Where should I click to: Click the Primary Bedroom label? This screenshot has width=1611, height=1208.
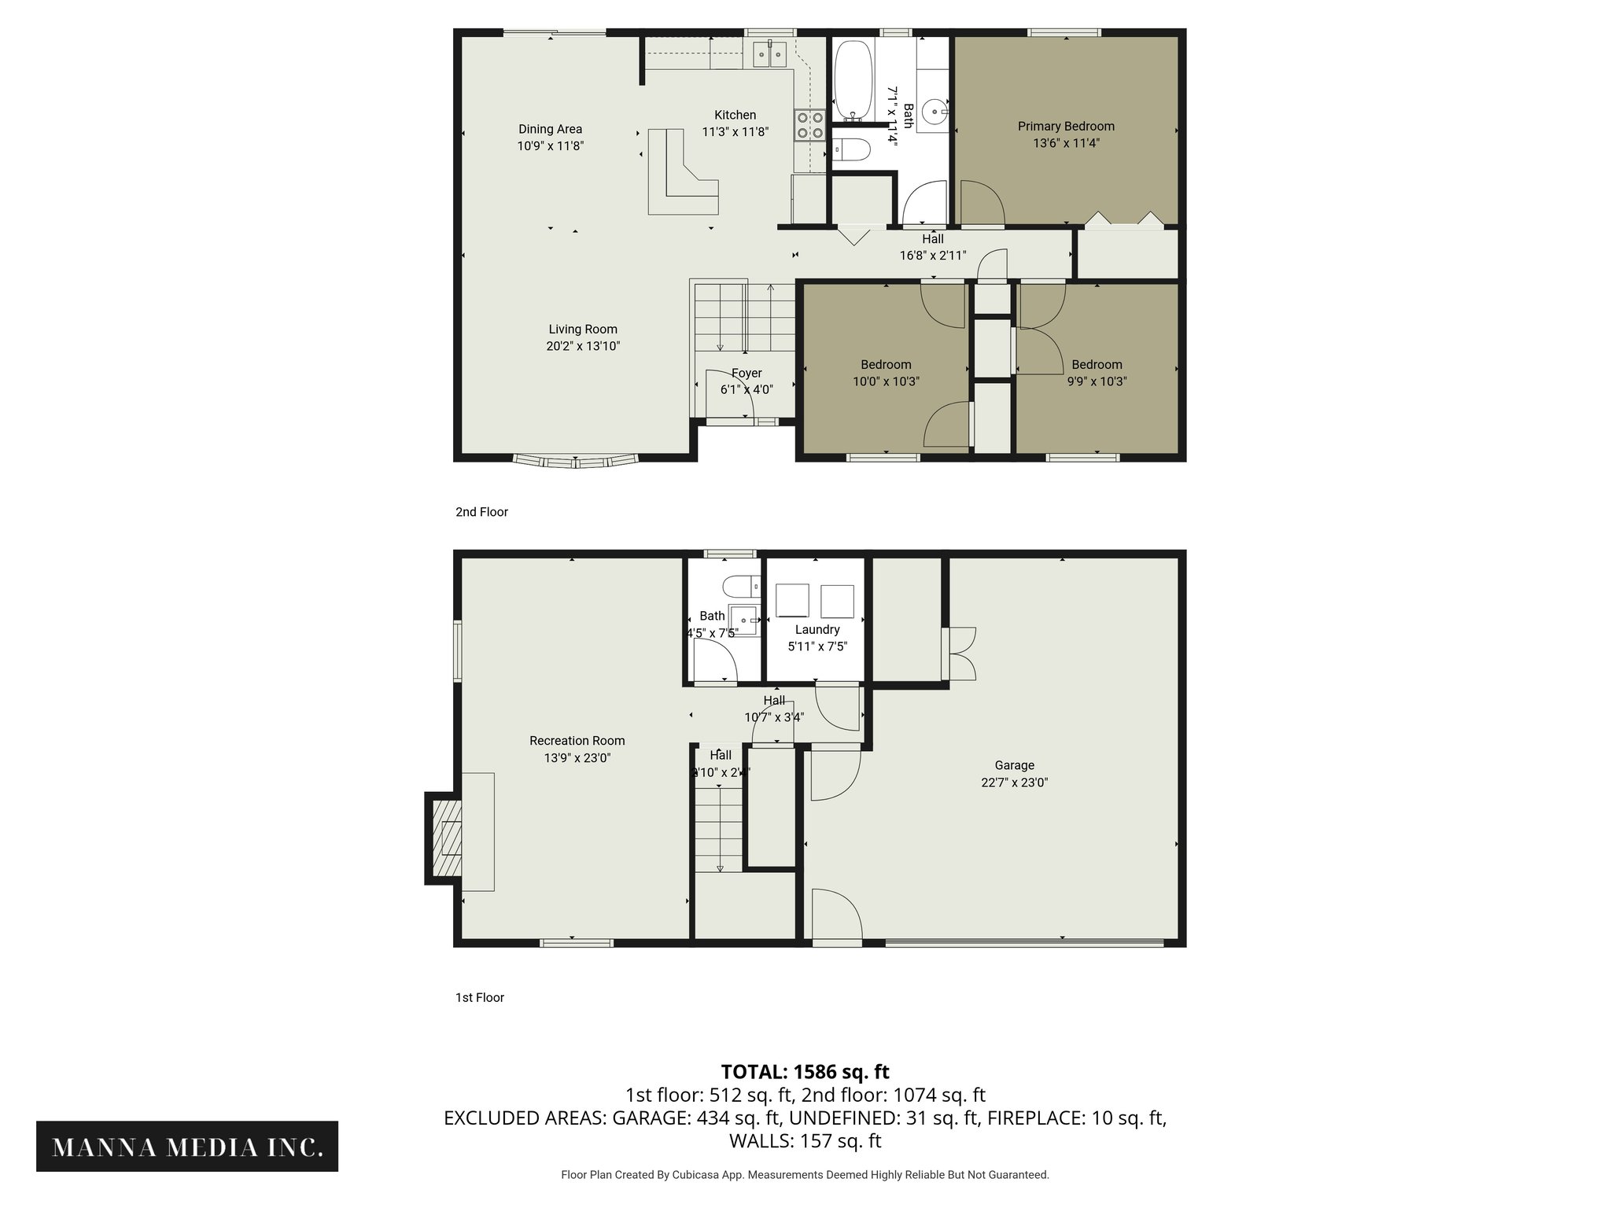pyautogui.click(x=1066, y=126)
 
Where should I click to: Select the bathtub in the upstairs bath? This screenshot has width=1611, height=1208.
pyautogui.click(x=853, y=79)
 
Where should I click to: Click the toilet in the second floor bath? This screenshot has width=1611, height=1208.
pyautogui.click(x=850, y=149)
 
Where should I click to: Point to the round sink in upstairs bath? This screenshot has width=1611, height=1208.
pyautogui.click(x=935, y=112)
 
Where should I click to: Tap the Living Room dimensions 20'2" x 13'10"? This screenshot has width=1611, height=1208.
pyautogui.click(x=583, y=346)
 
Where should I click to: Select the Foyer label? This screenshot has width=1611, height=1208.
pyautogui.click(x=747, y=373)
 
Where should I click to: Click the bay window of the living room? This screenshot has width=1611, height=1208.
pyautogui.click(x=575, y=460)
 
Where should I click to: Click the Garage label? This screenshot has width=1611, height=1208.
pyautogui.click(x=1014, y=764)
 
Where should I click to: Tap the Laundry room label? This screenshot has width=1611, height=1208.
pyautogui.click(x=817, y=629)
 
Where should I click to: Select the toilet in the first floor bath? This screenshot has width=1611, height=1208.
pyautogui.click(x=739, y=586)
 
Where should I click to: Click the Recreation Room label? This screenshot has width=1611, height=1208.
pyautogui.click(x=577, y=740)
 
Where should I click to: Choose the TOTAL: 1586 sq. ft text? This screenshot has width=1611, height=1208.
pyautogui.click(x=805, y=1071)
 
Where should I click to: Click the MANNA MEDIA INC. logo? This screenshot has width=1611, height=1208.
pyautogui.click(x=187, y=1147)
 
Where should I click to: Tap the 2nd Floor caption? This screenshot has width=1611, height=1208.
pyautogui.click(x=481, y=512)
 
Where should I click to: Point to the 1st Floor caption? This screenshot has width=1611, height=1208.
pyautogui.click(x=479, y=997)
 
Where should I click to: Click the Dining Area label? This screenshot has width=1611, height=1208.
pyautogui.click(x=550, y=129)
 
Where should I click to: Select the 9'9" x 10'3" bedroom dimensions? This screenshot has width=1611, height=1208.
pyautogui.click(x=1097, y=381)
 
